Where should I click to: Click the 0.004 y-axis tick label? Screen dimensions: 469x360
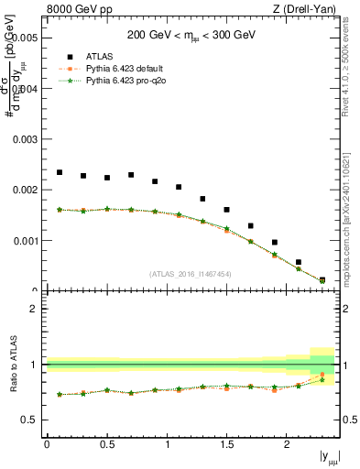pyautogui.click(x=26, y=89)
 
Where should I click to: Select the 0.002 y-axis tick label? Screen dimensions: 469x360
pyautogui.click(x=26, y=191)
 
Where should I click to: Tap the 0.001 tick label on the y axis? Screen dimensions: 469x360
pyautogui.click(x=26, y=241)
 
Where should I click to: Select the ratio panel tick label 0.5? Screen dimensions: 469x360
pyautogui.click(x=29, y=420)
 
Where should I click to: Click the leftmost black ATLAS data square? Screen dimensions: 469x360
pyautogui.click(x=60, y=172)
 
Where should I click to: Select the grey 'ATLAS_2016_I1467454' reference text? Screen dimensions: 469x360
pyautogui.click(x=191, y=274)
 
